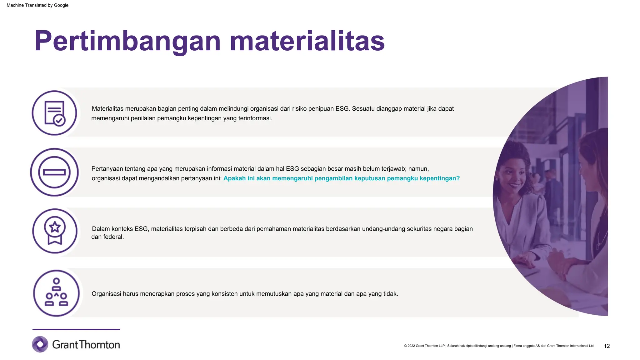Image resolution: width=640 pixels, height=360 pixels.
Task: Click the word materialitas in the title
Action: coord(307,41)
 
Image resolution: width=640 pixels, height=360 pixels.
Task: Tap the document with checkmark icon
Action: coord(54,113)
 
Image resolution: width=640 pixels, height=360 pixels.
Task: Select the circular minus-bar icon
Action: coord(54,172)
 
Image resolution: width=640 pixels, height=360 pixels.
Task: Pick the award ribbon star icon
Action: coord(55,231)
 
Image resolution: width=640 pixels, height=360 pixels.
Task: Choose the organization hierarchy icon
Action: coord(56,293)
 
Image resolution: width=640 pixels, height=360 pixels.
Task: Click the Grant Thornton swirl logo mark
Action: coord(40,344)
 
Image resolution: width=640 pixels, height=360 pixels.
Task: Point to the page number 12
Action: coord(607,346)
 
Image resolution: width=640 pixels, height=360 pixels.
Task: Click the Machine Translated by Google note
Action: coord(37,5)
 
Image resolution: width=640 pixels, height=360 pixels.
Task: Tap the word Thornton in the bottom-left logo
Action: coord(99,345)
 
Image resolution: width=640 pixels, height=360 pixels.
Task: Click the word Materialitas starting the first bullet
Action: coord(107,109)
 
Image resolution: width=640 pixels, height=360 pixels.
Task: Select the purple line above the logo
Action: coord(76,329)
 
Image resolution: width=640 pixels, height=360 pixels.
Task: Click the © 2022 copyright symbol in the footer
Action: coord(405,346)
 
